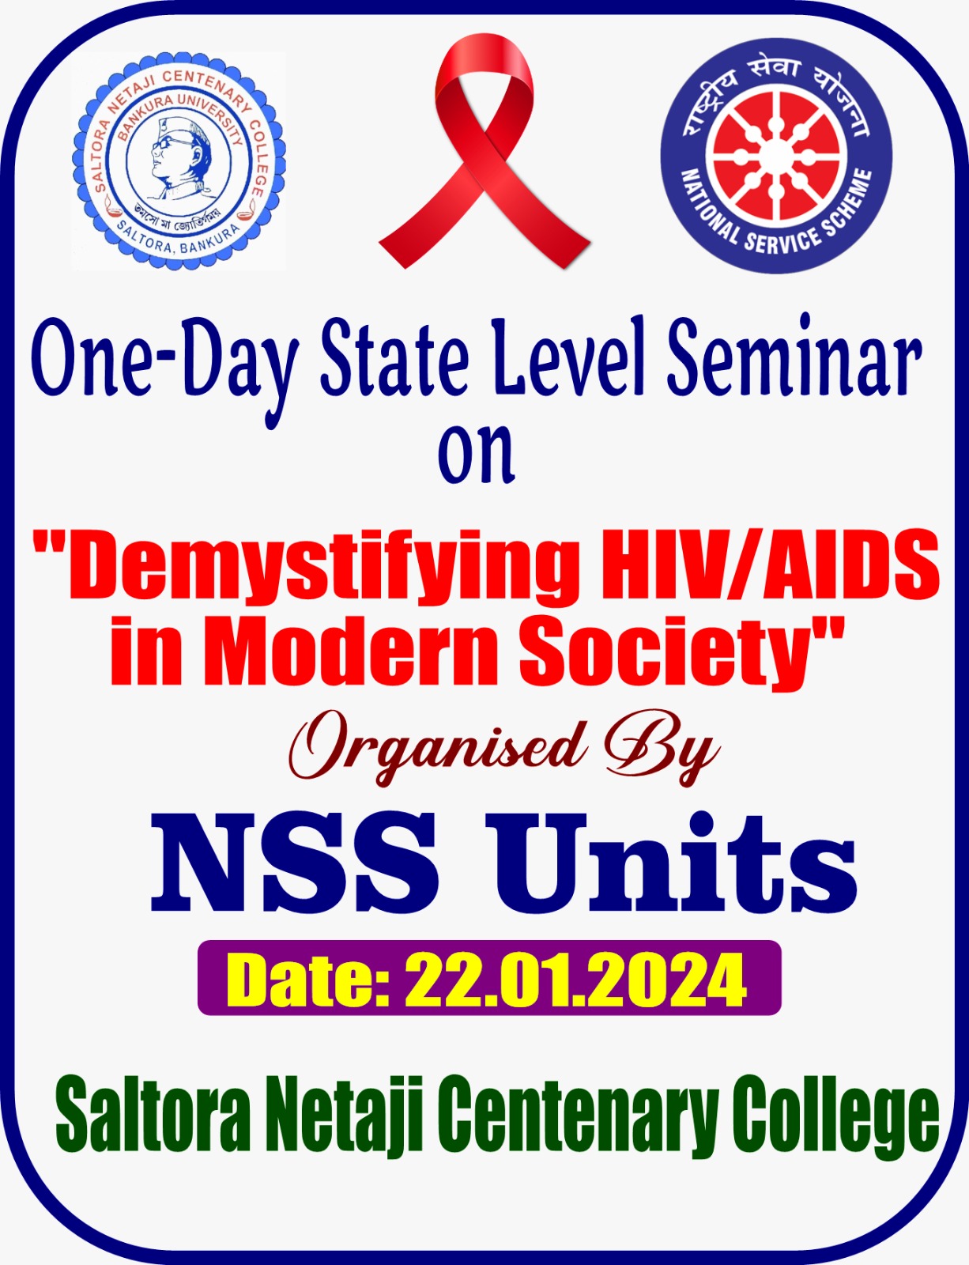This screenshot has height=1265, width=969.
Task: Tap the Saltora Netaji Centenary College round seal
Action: point(179,161)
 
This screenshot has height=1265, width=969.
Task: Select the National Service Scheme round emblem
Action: point(776,157)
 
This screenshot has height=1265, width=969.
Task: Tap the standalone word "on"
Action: point(477,455)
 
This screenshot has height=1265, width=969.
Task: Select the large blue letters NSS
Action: point(295,862)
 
